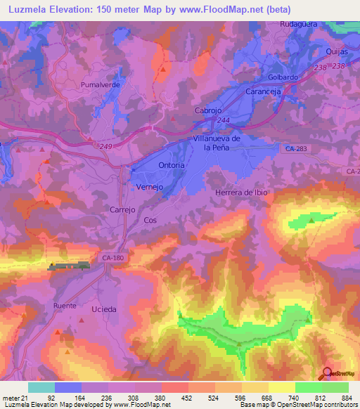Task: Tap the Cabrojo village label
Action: (x=208, y=111)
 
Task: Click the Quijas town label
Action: (x=338, y=52)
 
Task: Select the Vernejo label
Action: (x=148, y=187)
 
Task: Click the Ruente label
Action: (x=64, y=306)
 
